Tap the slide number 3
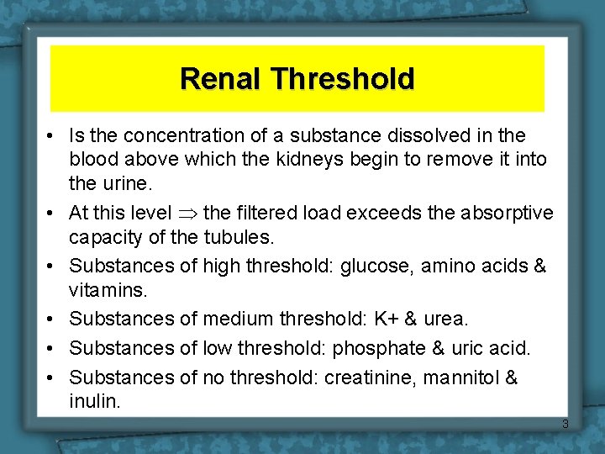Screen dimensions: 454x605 tap(565, 424)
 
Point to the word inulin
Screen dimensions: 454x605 tap(95, 401)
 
